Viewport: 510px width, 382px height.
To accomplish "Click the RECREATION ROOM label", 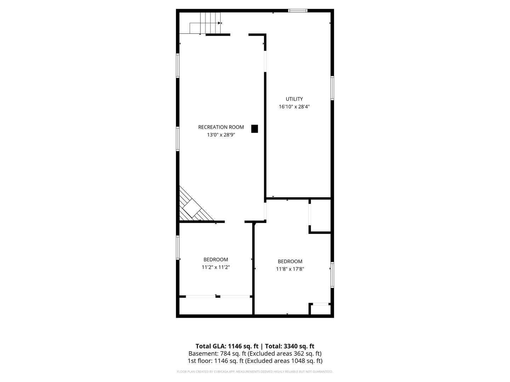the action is tap(221, 127).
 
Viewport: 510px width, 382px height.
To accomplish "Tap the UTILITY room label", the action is tap(294, 99).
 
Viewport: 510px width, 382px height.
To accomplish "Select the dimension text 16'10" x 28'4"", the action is tap(294, 106).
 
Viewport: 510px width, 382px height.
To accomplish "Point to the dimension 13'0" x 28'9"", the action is tap(221, 134).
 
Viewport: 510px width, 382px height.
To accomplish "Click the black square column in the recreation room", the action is tap(254, 128).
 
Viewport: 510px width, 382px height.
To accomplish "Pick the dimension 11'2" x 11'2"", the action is tap(215, 267).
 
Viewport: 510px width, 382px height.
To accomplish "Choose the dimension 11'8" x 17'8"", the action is tap(290, 269).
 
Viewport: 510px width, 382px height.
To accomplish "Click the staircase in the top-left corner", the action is tap(205, 23).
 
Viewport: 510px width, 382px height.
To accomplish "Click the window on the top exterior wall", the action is tap(297, 11).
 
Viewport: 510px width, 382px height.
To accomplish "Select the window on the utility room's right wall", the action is tap(332, 88).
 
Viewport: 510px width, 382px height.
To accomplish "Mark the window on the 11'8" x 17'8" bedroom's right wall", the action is tap(332, 274).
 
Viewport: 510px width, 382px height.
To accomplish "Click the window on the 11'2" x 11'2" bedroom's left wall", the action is tap(177, 247).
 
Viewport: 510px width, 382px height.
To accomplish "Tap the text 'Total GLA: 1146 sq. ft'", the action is tap(227, 346).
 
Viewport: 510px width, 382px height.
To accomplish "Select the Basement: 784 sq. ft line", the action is tap(255, 353).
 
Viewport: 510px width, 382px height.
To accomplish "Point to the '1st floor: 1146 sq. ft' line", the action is tap(255, 361).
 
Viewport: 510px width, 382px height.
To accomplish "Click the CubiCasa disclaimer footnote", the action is tap(255, 371).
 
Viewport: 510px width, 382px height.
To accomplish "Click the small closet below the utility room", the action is tap(320, 215).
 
